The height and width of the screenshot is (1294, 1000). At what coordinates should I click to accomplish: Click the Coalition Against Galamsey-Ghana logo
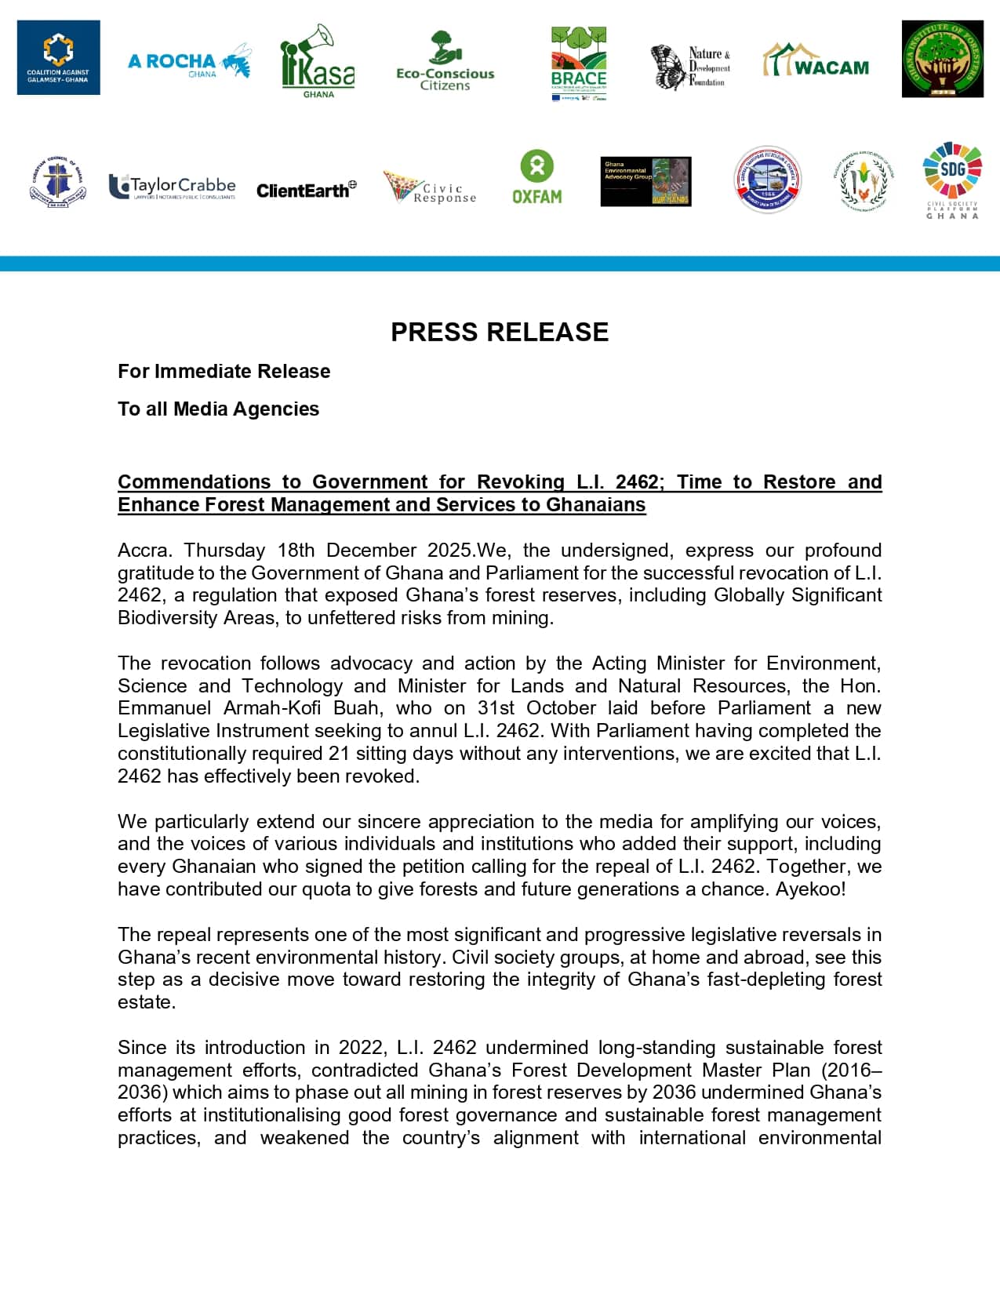point(59,58)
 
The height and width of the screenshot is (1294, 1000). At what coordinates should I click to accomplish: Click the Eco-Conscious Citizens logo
point(445,63)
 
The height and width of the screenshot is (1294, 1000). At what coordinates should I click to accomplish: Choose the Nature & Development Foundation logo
point(690,67)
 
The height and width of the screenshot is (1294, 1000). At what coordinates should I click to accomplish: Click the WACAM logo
point(816,61)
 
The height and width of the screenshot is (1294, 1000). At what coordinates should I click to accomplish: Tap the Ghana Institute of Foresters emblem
point(942,60)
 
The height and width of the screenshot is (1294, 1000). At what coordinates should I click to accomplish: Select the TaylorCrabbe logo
point(173,187)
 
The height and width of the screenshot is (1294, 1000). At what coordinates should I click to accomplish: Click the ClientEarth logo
point(306,190)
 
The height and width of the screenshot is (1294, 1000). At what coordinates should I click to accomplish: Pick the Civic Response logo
point(429,188)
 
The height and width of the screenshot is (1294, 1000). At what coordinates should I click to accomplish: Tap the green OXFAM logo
point(537,177)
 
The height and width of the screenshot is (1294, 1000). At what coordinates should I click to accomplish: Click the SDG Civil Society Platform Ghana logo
point(952,180)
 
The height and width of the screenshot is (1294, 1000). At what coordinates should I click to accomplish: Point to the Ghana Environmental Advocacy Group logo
point(645,181)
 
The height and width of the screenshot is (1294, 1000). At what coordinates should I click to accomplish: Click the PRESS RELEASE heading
point(500,333)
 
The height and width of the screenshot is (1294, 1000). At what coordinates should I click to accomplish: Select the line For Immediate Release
point(224,371)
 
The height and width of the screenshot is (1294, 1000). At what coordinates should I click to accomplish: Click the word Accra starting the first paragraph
point(143,551)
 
